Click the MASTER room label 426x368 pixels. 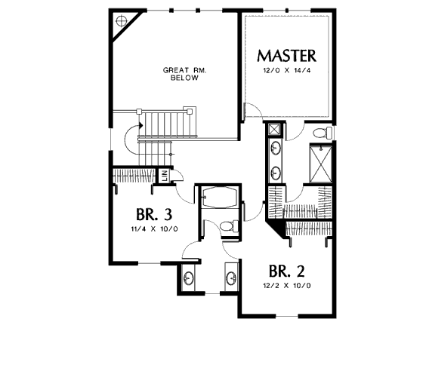pyautogui.click(x=286, y=56)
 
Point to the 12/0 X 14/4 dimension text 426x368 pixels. pyautogui.click(x=286, y=71)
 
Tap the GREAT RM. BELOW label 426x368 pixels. pyautogui.click(x=184, y=74)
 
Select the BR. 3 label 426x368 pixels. pyautogui.click(x=154, y=214)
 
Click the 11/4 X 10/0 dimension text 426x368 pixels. pyautogui.click(x=154, y=229)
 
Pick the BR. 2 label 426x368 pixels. pyautogui.click(x=286, y=271)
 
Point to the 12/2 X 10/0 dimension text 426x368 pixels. pyautogui.click(x=287, y=286)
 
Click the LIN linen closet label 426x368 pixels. pyautogui.click(x=164, y=176)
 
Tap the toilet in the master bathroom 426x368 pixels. pyautogui.click(x=323, y=133)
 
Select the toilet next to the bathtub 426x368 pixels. pyautogui.click(x=229, y=226)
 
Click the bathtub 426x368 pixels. pyautogui.click(x=220, y=198)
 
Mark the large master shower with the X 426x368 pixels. pyautogui.click(x=321, y=164)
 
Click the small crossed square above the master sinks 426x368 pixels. pyautogui.click(x=274, y=130)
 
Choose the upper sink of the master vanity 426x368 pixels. pyautogui.click(x=276, y=149)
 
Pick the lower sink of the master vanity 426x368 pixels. pyautogui.click(x=276, y=173)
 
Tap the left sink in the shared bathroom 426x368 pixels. pyautogui.click(x=188, y=278)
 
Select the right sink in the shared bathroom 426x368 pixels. pyautogui.click(x=231, y=278)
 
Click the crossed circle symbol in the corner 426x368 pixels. pyautogui.click(x=121, y=20)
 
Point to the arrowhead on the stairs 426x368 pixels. pyautogui.click(x=140, y=125)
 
